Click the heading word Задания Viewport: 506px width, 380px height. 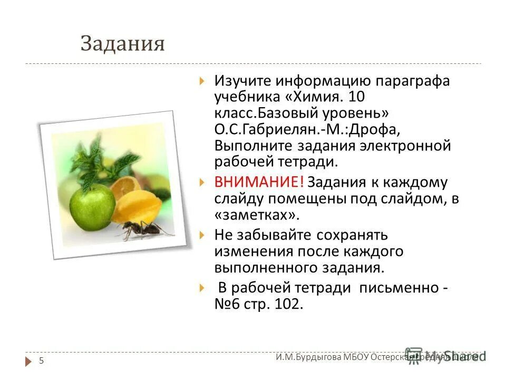click(122, 44)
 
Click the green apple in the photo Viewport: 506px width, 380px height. click(93, 203)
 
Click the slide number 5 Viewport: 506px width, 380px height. click(41, 360)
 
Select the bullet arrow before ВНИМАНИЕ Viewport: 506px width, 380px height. click(202, 183)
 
